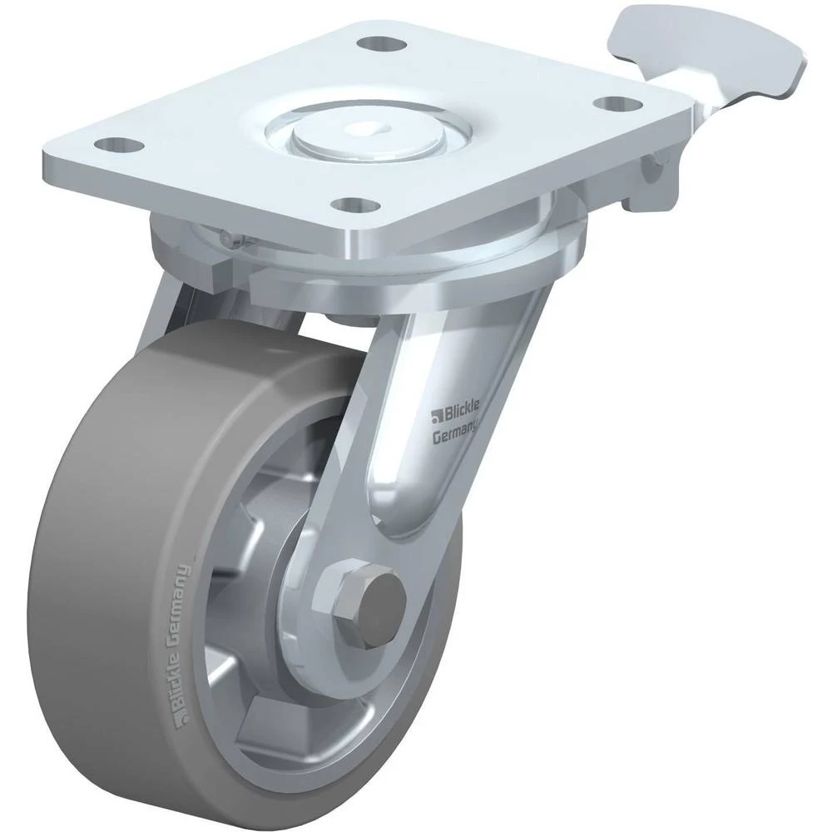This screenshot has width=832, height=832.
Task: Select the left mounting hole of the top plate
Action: click(118, 143)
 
